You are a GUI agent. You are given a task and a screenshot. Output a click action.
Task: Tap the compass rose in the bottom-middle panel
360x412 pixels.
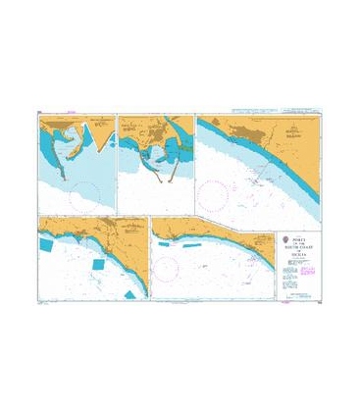click(x=165, y=268)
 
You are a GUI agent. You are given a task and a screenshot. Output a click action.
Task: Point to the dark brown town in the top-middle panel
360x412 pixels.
click(x=143, y=127)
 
